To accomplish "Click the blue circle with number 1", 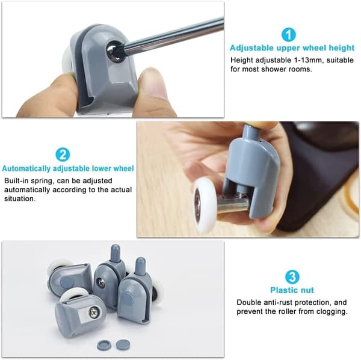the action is click(x=288, y=35).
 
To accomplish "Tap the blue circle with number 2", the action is click(x=63, y=155).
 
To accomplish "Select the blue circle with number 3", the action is click(x=292, y=277).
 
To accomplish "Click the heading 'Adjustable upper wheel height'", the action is click(x=292, y=48).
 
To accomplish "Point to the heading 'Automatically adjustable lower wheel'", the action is click(x=67, y=169).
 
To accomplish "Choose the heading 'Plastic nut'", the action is click(x=292, y=290).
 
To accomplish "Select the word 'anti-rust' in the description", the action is click(x=278, y=302).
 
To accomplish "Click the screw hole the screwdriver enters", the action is click(x=116, y=51).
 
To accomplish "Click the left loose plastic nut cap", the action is click(x=104, y=344).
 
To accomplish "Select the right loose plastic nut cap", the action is click(x=123, y=344).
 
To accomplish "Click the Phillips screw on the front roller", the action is click(x=93, y=312).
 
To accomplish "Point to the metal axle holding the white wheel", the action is click(x=232, y=204).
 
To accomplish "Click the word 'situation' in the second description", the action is click(x=19, y=198).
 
